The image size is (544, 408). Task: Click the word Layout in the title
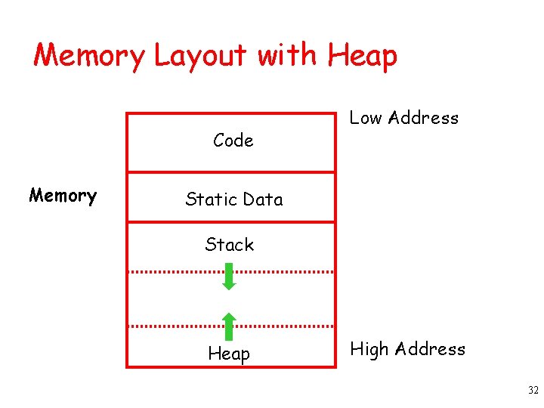199,56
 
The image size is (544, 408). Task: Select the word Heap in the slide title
362,56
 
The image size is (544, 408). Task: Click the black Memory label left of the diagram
63,196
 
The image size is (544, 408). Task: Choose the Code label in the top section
233,141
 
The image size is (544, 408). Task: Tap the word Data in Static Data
263,199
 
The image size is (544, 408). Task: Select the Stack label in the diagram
230,245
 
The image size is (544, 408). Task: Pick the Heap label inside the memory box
229,354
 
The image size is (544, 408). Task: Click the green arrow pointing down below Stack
230,277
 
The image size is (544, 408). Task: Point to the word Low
366,118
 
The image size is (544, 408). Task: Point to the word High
369,349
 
